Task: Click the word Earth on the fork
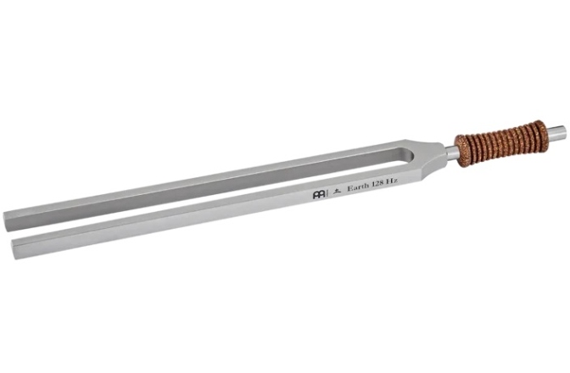point(358,187)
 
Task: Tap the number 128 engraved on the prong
point(378,184)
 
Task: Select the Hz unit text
point(392,181)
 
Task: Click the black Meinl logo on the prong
point(319,195)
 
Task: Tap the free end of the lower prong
point(14,249)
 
